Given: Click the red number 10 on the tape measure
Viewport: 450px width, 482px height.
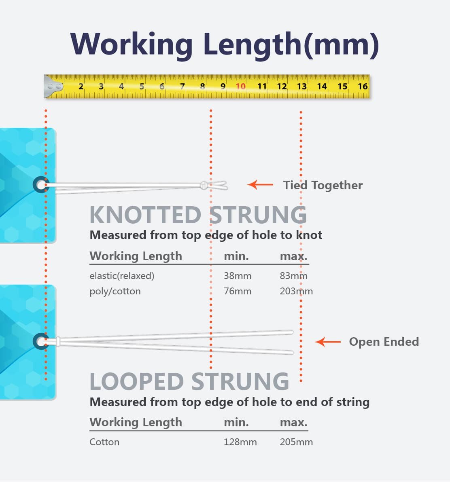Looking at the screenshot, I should click(x=240, y=86).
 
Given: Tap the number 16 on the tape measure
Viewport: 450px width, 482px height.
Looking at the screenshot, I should click(x=363, y=86).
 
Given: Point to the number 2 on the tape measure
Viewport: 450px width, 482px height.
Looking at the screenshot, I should click(x=81, y=86).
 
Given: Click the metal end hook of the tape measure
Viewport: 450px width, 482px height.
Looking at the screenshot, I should click(x=53, y=86).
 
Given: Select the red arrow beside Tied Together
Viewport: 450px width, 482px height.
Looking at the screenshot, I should click(x=260, y=185).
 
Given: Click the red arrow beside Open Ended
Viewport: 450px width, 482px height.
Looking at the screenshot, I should click(x=328, y=342).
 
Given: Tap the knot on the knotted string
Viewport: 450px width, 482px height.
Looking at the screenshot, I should click(x=204, y=186).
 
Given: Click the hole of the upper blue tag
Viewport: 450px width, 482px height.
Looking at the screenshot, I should click(x=41, y=185).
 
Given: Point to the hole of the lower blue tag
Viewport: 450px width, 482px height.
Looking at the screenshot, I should click(x=41, y=342).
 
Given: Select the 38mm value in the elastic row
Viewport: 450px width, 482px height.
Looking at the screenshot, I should click(x=238, y=276).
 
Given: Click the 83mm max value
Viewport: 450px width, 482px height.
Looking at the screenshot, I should click(x=293, y=276).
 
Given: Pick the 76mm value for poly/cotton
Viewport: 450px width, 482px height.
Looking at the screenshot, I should click(x=238, y=291).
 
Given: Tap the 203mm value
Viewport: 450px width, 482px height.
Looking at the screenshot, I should click(x=296, y=291).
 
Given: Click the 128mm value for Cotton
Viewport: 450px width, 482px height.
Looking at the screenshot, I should click(x=240, y=442).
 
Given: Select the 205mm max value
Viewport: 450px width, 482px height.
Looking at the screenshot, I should click(x=296, y=442).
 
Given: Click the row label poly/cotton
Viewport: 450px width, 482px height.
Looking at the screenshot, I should click(x=115, y=291).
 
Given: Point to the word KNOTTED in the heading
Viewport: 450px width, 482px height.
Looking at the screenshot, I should click(x=145, y=215).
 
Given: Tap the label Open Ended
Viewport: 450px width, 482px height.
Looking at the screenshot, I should click(x=384, y=342).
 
